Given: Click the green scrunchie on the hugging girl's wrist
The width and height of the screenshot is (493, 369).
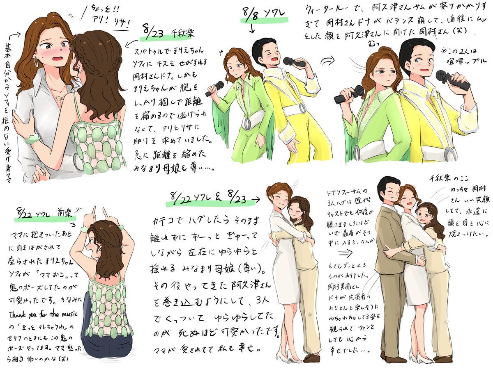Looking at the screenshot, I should pyautogui.click(x=31, y=139).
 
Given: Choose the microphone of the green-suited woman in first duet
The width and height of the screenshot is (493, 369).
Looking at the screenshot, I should pyautogui.click(x=215, y=89).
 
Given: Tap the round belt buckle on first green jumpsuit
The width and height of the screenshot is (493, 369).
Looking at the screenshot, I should pyautogui.click(x=249, y=123).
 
